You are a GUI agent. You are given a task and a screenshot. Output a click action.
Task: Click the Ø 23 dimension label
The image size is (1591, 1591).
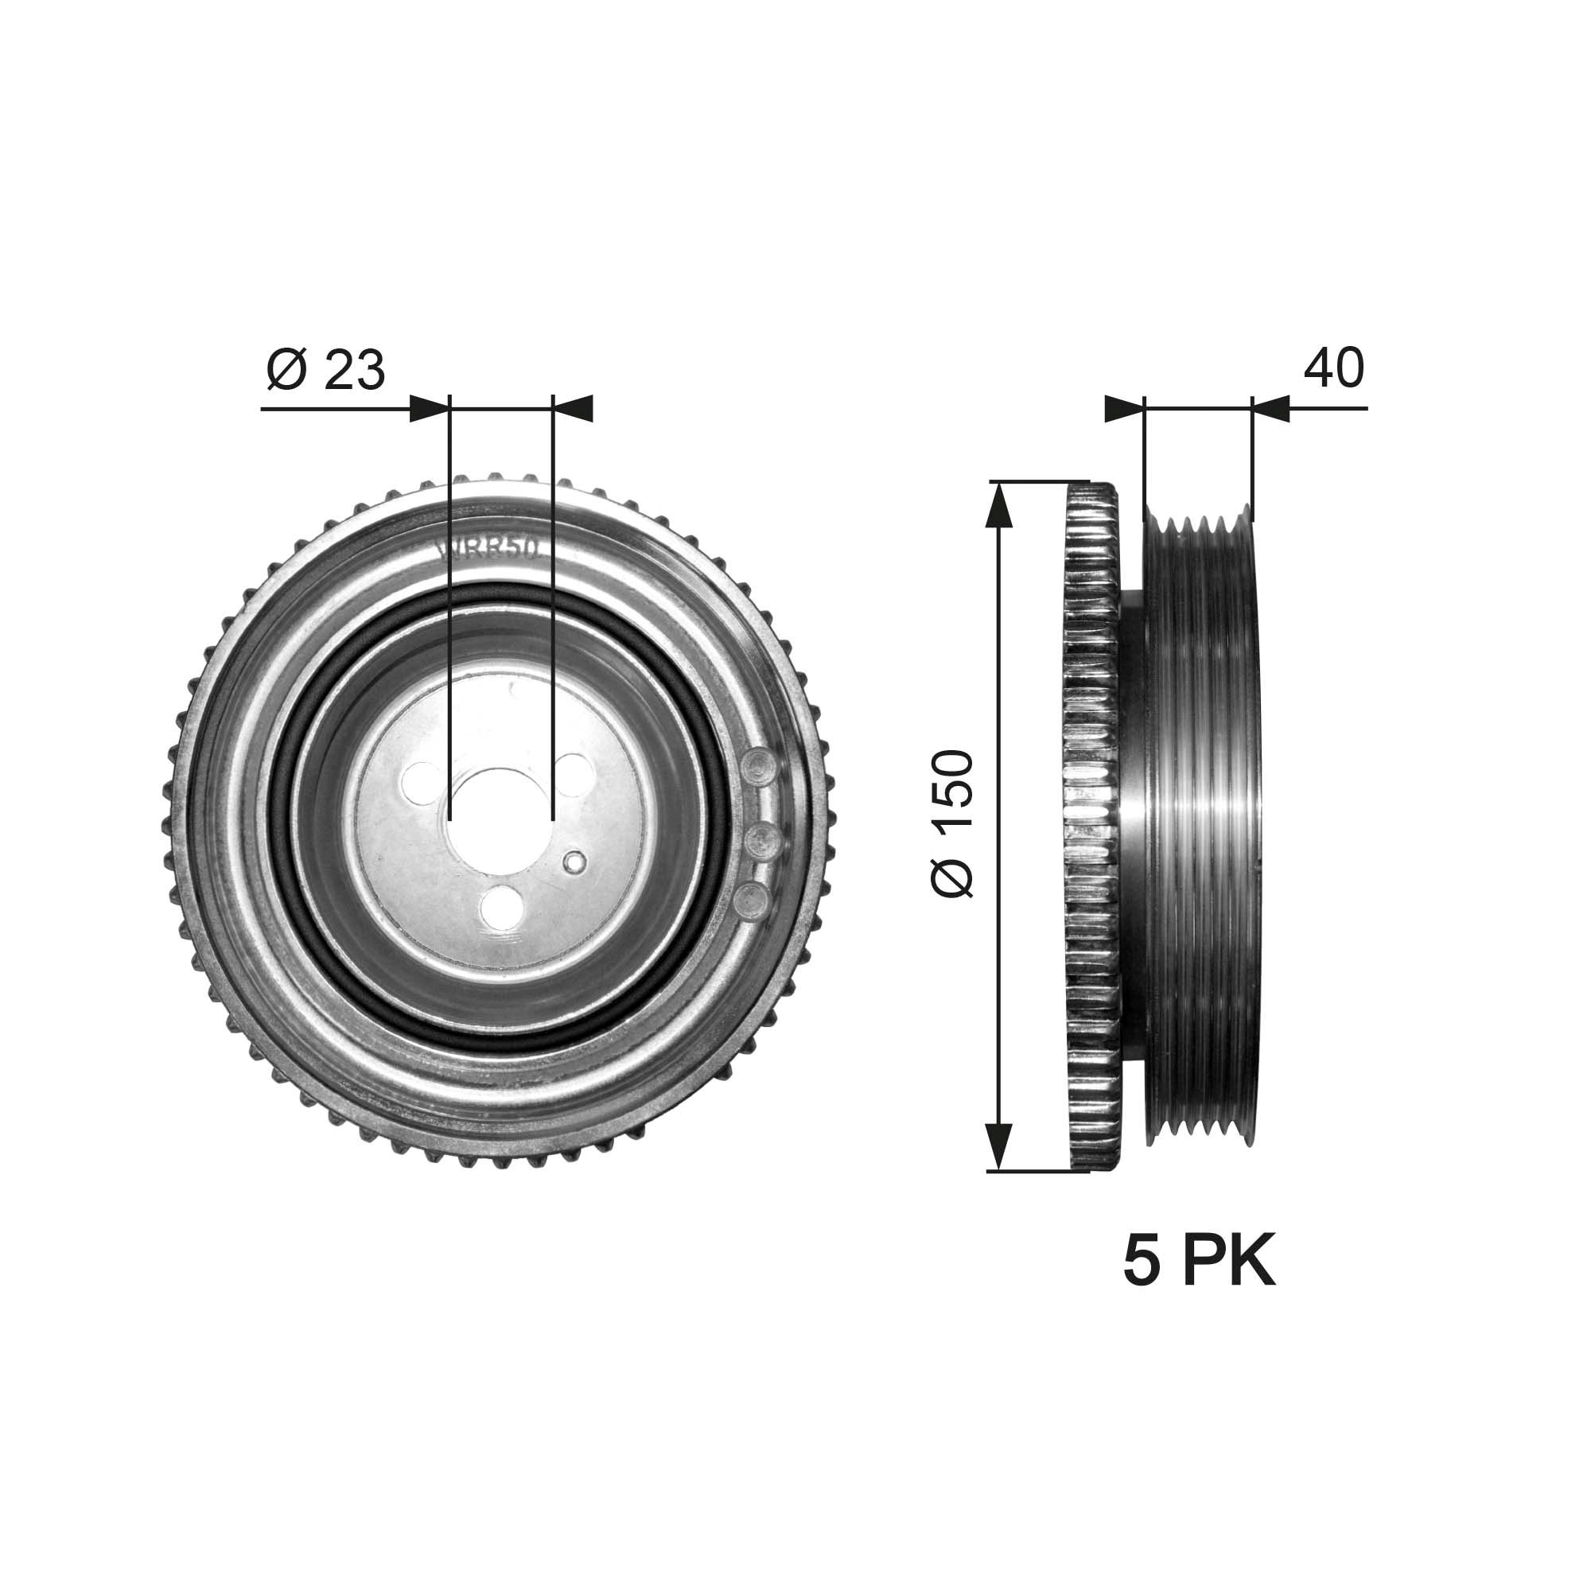click(326, 371)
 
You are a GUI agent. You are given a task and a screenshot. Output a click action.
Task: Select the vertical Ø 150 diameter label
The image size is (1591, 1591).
click(953, 823)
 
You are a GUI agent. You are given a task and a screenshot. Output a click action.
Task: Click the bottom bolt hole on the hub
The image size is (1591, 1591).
click(501, 907)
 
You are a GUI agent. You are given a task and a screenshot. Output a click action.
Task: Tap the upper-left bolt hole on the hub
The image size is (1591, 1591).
click(423, 777)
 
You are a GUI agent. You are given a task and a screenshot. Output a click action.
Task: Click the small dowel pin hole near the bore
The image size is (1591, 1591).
click(574, 862)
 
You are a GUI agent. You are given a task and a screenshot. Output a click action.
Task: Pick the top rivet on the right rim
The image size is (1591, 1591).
click(759, 766)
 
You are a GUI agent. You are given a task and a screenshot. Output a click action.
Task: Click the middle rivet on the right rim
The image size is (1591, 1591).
click(763, 841)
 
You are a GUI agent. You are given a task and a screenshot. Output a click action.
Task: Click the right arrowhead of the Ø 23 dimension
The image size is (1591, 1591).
click(573, 408)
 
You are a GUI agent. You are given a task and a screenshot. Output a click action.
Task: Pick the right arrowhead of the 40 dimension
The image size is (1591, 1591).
click(1270, 408)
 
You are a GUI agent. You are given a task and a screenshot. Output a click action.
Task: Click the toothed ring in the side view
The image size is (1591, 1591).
click(1092, 823)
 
